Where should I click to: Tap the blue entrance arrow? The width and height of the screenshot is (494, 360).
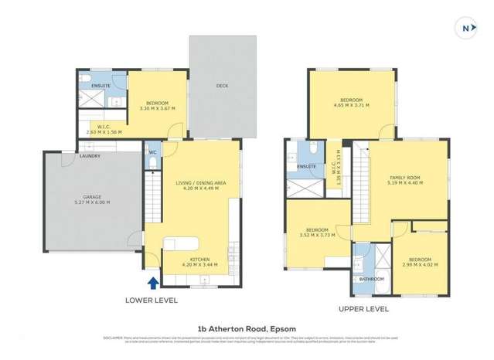coord(152,284)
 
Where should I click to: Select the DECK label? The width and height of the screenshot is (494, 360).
coord(222,86)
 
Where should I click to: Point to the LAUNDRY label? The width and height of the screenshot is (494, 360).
coord(90,156)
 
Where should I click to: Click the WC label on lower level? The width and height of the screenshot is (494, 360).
coord(153,152)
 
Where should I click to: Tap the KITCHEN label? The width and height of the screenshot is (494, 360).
coord(199,259)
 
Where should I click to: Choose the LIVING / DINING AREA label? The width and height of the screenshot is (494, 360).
coord(199,182)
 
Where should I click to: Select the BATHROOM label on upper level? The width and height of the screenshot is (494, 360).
coord(372,279)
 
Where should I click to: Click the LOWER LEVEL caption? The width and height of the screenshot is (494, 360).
coord(152,300)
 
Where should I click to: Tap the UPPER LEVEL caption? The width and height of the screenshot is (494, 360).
coord(363,308)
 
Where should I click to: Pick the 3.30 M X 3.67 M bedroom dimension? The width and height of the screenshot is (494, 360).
coord(157,108)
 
